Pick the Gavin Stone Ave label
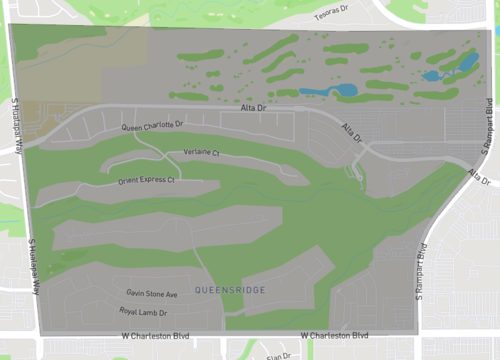click(151, 294)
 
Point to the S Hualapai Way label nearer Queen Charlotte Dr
click(17, 124)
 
